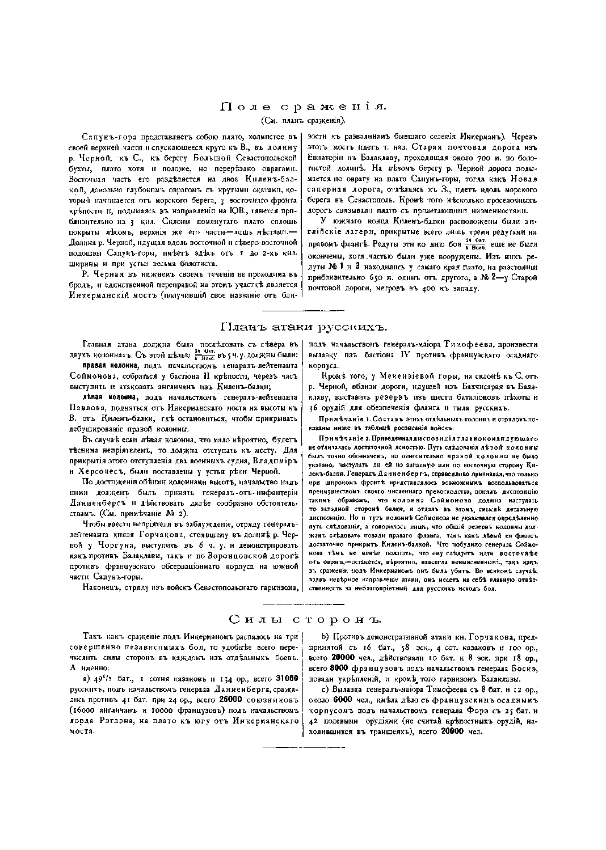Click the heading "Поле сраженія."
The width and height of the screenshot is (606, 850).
[303, 107]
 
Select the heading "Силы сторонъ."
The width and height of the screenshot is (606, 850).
[303, 618]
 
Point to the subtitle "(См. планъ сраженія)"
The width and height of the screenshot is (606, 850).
[303, 120]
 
